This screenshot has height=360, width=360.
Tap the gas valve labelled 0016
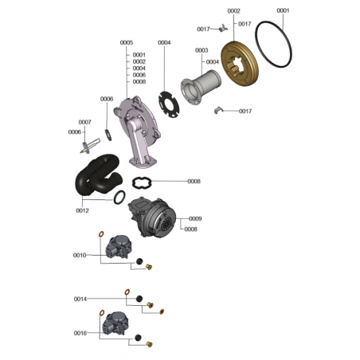[x=115, y=323]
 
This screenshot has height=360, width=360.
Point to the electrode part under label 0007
[x=90, y=146]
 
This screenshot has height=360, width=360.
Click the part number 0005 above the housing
[x=127, y=42]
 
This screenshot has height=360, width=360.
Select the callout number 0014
[x=80, y=299]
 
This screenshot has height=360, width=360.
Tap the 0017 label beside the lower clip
[x=245, y=112]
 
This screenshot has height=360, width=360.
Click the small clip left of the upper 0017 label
[x=224, y=28]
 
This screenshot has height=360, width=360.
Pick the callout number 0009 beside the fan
[x=195, y=218]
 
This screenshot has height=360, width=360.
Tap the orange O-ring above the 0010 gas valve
[x=101, y=234]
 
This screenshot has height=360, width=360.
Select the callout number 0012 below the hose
[x=82, y=210]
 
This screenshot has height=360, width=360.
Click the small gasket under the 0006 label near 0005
[x=108, y=135]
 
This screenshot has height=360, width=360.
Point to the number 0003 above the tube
[x=202, y=50]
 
